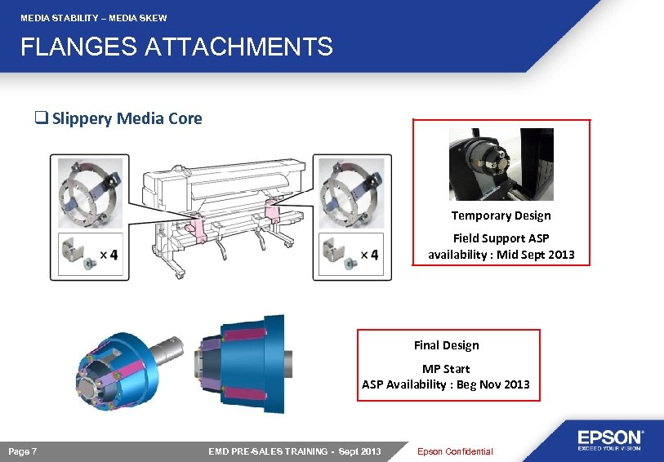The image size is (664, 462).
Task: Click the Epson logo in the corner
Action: tap(611, 439)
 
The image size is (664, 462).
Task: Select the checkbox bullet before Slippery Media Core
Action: tap(39, 119)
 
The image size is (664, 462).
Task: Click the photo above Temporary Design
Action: tap(501, 164)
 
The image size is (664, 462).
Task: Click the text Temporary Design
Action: tap(501, 215)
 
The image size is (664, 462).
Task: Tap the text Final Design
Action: tap(446, 345)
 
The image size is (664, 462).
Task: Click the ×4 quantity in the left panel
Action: tap(109, 255)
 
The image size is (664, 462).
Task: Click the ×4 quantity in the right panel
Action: tap(369, 255)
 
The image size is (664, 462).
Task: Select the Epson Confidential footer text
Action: tap(455, 451)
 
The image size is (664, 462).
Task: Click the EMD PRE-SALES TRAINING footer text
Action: tap(294, 451)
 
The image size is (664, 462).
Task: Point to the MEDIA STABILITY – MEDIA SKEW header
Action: tap(93, 17)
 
